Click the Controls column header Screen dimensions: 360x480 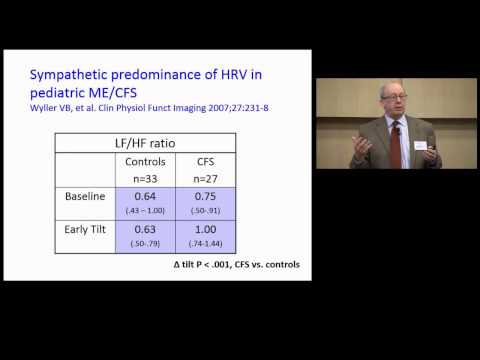tap(147, 161)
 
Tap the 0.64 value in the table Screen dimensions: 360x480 tap(147, 197)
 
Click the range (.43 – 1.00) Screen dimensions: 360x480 tap(147, 210)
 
